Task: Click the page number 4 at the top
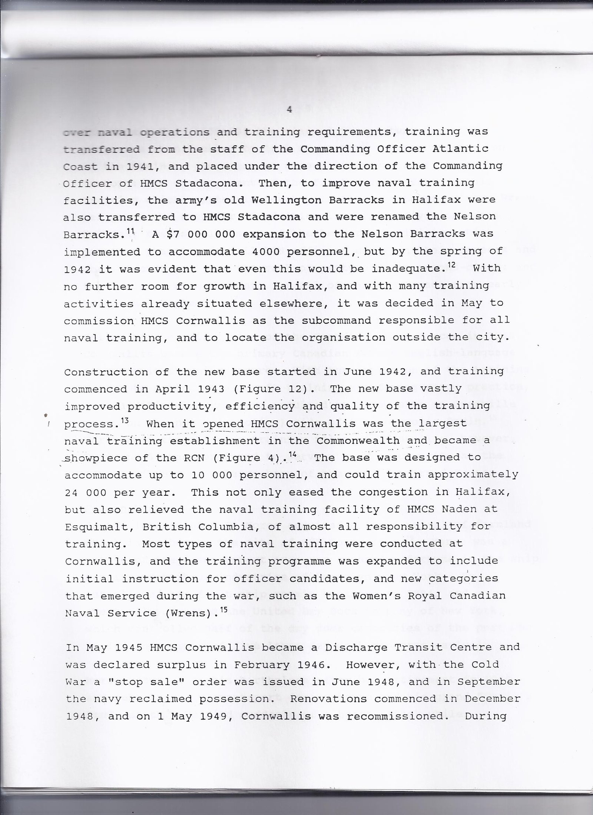click(x=290, y=110)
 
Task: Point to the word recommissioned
click(x=395, y=716)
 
